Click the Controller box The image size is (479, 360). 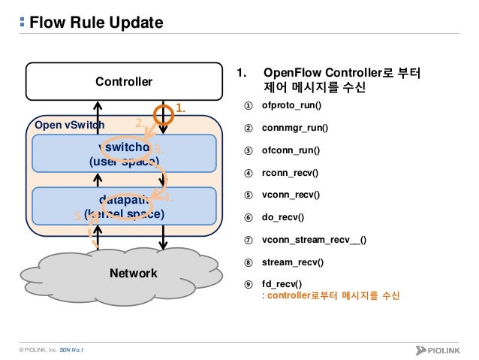click(123, 81)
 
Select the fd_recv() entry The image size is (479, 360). click(282, 284)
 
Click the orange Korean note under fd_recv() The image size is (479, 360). click(334, 296)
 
